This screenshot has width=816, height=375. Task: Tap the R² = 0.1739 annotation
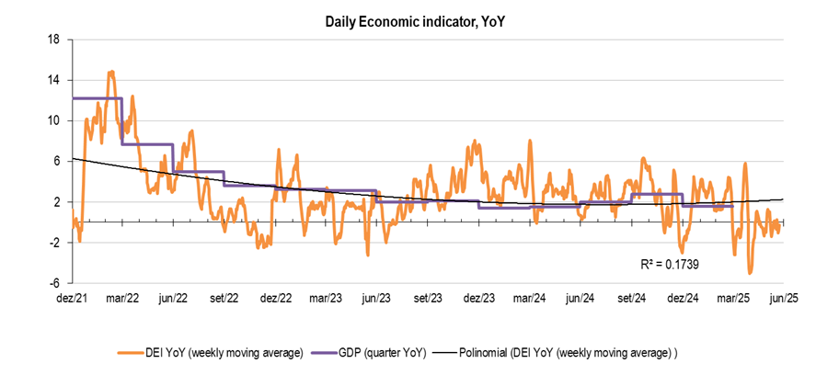(667, 264)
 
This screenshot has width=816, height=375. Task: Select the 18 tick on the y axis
(54, 40)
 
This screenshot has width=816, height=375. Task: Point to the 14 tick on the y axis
(54, 80)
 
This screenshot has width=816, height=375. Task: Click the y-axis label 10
(54, 120)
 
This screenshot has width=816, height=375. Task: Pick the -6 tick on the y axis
(54, 283)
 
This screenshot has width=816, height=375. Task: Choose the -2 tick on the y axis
(54, 243)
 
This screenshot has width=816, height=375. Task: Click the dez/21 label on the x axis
(72, 299)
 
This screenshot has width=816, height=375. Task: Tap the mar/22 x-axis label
(122, 299)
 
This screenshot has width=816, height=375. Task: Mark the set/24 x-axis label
(631, 299)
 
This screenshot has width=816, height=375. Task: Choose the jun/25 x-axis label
(784, 299)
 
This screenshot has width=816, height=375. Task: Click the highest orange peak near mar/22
(111, 72)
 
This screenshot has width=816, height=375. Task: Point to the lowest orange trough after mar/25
(751, 273)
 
